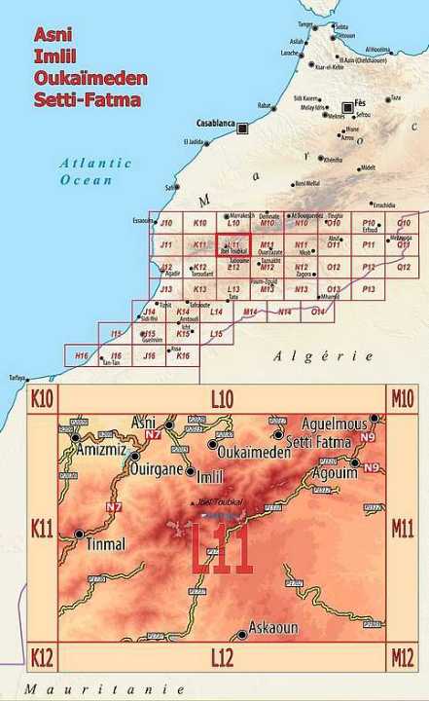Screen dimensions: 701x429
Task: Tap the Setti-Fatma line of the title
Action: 87,99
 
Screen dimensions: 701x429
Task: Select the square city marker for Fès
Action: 347,107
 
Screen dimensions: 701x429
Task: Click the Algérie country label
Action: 323,356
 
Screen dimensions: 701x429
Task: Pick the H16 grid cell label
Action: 82,356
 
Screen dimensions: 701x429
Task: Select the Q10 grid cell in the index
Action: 404,223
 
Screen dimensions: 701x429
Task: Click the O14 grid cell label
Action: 317,312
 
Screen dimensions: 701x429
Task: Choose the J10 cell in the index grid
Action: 166,223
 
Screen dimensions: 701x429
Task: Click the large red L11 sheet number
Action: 222,551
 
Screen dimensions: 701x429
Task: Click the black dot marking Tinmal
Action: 79,533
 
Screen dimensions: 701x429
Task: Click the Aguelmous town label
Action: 335,424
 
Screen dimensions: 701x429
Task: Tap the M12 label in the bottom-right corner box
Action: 402,658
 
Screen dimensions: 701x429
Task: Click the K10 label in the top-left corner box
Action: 42,397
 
